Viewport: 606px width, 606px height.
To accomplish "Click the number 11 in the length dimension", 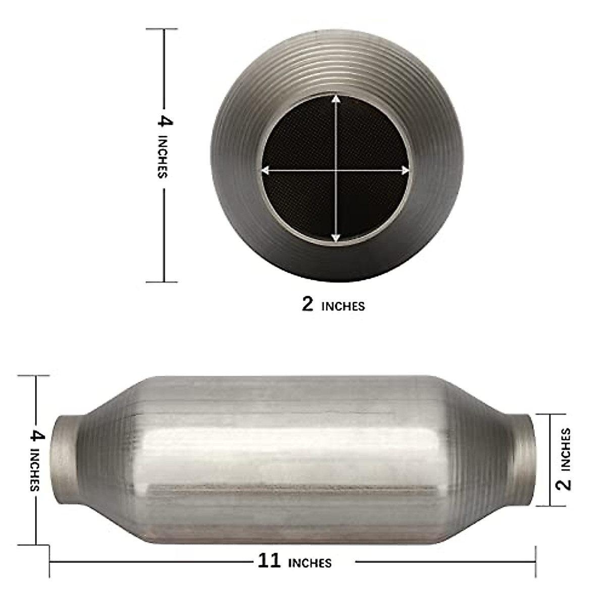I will click(x=269, y=561).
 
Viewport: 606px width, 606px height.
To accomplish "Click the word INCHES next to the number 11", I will click(x=310, y=563).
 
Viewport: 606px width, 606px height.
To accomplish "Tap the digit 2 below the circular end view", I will click(x=308, y=304).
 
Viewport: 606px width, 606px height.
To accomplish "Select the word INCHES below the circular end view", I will click(x=343, y=306).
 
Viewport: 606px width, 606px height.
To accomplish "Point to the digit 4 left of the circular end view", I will click(x=165, y=121).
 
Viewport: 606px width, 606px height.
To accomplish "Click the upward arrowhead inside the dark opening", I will click(x=336, y=99).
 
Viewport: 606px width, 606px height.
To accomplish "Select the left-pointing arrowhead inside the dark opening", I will click(x=265, y=171).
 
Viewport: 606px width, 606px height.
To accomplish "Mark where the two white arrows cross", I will click(x=336, y=171).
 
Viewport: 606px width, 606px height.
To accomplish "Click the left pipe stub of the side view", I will click(x=66, y=460).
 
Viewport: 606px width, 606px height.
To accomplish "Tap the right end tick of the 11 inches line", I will click(x=535, y=561).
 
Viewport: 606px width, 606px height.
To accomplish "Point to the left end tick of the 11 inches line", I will click(x=49, y=561).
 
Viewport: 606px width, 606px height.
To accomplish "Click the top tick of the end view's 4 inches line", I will click(x=163, y=29).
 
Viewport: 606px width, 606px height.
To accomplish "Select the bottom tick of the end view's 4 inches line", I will click(x=163, y=282).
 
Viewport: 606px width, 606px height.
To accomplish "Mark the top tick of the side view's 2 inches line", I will click(x=550, y=414).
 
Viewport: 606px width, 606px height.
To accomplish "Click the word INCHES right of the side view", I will click(x=565, y=449).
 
